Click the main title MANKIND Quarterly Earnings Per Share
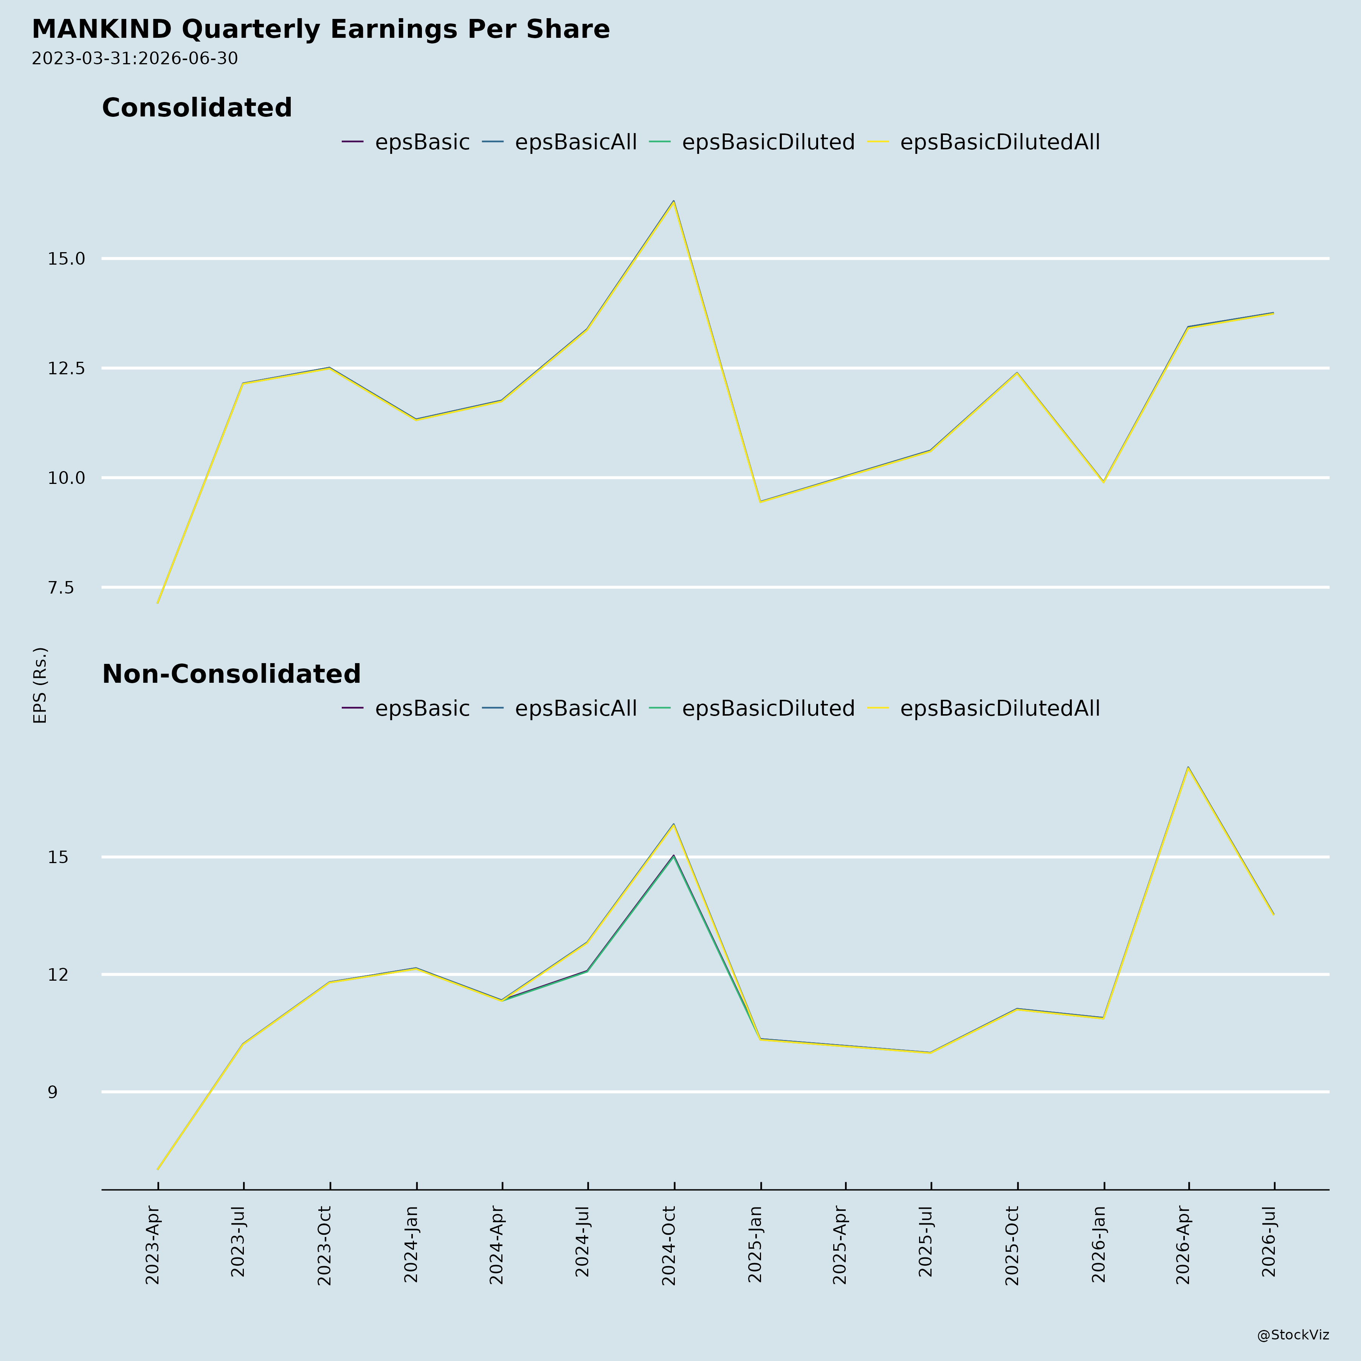pyautogui.click(x=321, y=29)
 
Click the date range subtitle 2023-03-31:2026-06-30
pyautogui.click(x=135, y=59)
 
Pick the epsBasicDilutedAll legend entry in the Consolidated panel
pyautogui.click(x=983, y=142)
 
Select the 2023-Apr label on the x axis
pyautogui.click(x=153, y=1245)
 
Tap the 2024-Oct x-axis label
pyautogui.click(x=669, y=1245)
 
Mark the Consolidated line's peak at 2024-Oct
pyautogui.click(x=673, y=202)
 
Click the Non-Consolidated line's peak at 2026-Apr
pyautogui.click(x=1188, y=767)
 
